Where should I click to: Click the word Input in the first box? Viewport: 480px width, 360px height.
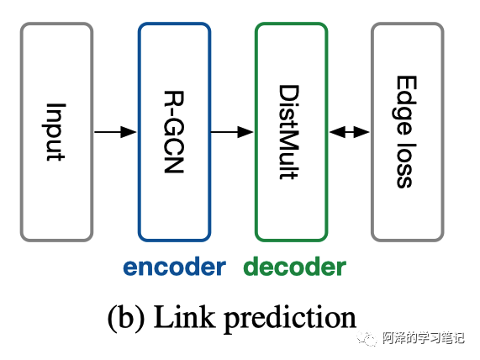[55, 132]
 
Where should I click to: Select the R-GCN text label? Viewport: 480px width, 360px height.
[173, 132]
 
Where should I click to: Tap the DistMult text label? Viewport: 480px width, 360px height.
[290, 132]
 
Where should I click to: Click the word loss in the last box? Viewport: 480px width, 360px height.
[406, 161]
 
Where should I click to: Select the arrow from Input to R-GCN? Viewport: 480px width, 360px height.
[115, 132]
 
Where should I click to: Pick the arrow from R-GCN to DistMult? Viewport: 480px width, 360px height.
[232, 132]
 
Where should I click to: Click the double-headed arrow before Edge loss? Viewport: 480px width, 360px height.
[349, 132]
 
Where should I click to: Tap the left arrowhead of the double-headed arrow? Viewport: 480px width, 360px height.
[335, 132]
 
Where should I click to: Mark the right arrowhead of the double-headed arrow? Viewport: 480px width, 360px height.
[362, 132]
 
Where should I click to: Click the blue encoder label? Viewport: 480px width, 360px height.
[174, 267]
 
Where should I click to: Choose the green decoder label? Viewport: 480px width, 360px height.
[294, 267]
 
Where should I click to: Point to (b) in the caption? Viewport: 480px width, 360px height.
[124, 318]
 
